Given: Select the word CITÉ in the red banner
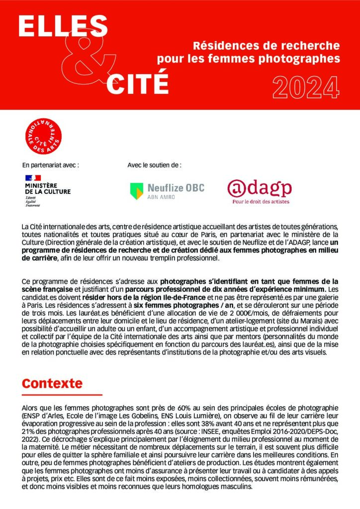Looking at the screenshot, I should point(137,83).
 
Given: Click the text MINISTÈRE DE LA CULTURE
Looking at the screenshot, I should point(47,188).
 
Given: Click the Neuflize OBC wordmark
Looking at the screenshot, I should point(176,188).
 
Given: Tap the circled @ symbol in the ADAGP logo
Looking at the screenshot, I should point(237,188).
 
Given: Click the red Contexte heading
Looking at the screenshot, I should point(52,384).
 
